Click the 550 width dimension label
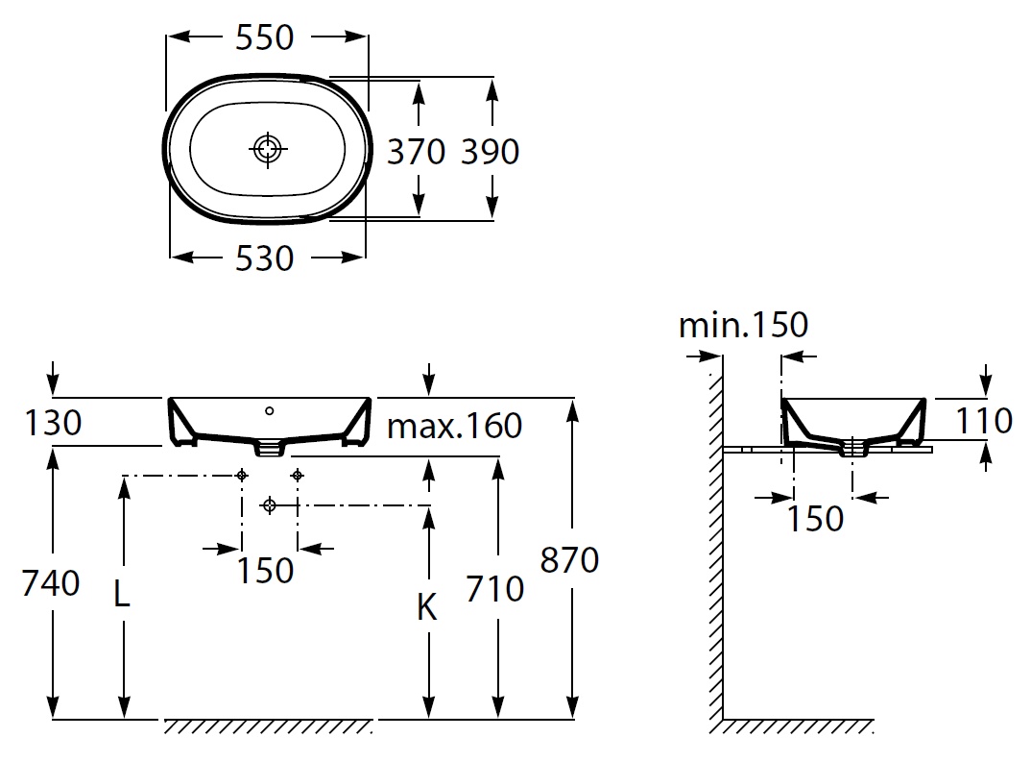(x=264, y=37)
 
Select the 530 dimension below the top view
(x=264, y=258)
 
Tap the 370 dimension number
(x=416, y=151)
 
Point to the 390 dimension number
(x=490, y=151)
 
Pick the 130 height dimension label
(x=54, y=422)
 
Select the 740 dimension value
(x=52, y=582)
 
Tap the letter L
(x=122, y=596)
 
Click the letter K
(x=428, y=607)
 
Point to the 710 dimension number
(x=495, y=588)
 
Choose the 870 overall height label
(x=570, y=559)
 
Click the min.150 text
(x=743, y=325)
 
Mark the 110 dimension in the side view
(x=985, y=420)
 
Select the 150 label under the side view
(x=815, y=519)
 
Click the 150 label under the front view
(x=265, y=570)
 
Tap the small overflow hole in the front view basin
(x=270, y=411)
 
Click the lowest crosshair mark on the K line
(x=270, y=504)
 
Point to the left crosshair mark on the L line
(x=242, y=475)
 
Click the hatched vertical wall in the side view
(x=715, y=538)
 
